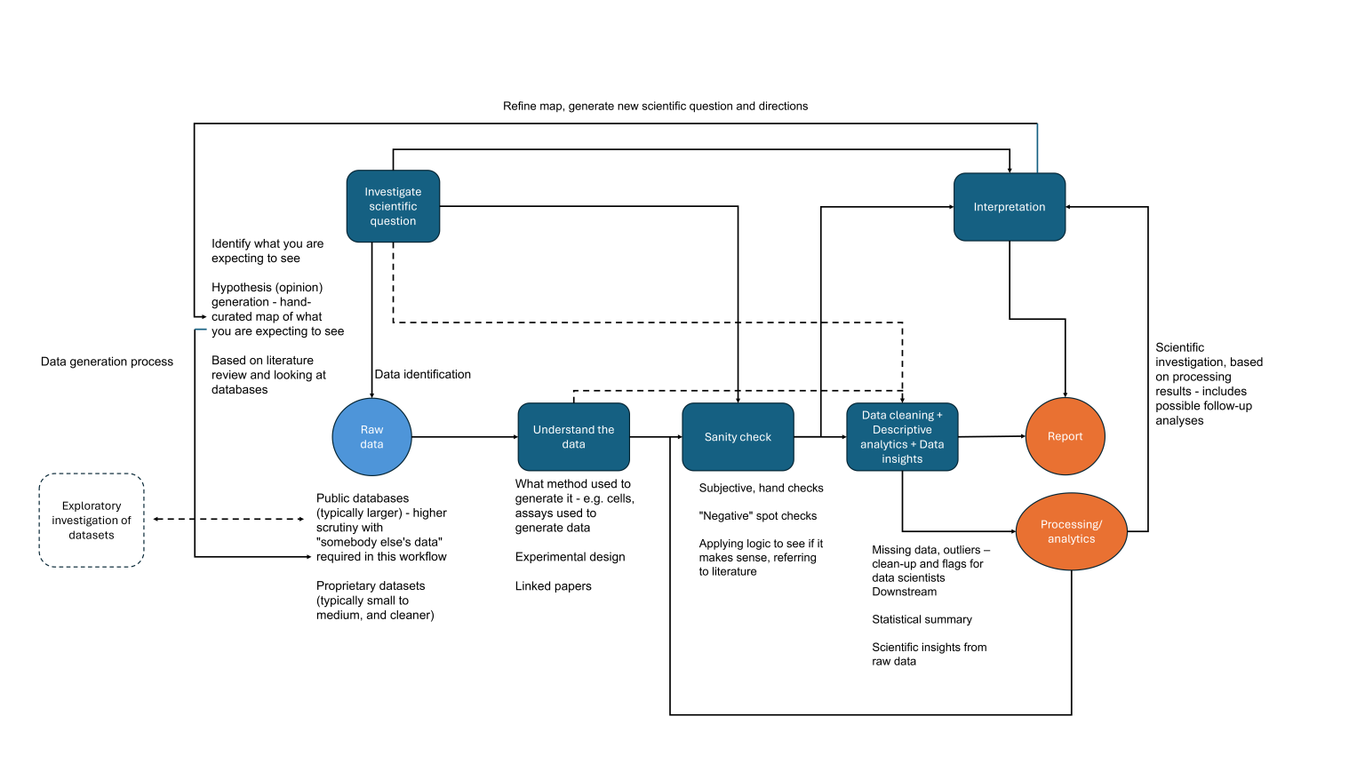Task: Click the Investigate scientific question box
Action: point(393,206)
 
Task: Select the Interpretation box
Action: point(1009,207)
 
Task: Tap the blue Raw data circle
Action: point(371,437)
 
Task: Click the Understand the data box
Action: point(573,437)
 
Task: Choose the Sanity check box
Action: point(738,437)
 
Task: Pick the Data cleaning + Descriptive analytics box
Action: point(902,437)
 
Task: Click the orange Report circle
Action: point(1065,436)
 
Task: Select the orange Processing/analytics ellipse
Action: point(1071,531)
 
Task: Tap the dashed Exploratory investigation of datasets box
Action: point(92,521)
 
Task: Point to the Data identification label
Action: point(422,374)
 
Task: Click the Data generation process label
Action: point(107,362)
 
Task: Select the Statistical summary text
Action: point(922,619)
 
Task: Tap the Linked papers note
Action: point(553,585)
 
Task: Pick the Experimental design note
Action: point(570,557)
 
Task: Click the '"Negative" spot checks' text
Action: point(757,515)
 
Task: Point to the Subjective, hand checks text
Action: point(761,488)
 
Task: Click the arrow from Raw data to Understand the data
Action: point(464,437)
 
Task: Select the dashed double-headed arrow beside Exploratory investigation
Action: point(228,519)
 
